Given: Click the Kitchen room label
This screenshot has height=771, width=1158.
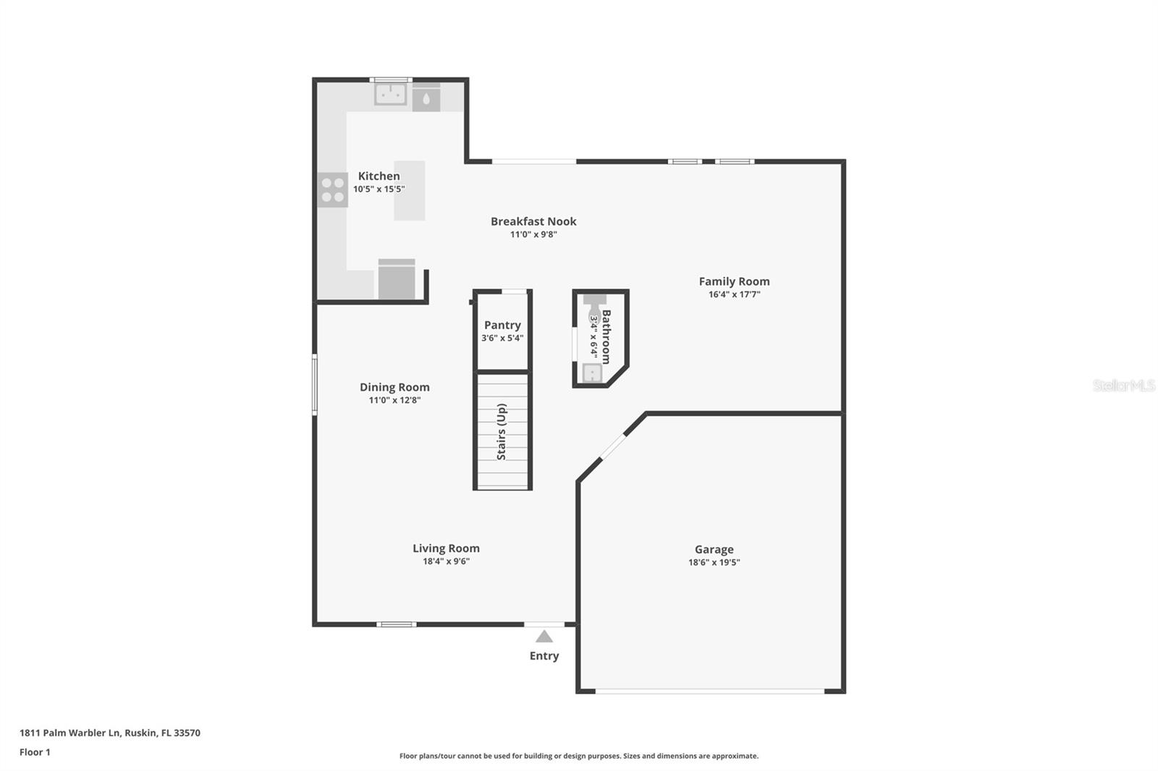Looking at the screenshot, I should [379, 176].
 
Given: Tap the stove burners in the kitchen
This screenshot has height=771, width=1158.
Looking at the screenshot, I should [332, 190].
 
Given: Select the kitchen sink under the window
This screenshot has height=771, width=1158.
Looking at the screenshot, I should [390, 94].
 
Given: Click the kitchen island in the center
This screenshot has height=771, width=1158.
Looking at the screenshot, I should [409, 190].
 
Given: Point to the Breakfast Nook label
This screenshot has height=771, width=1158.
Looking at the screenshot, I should [533, 221].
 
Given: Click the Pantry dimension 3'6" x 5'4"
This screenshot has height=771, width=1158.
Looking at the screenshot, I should [502, 338].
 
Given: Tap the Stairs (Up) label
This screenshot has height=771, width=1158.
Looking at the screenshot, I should [502, 432].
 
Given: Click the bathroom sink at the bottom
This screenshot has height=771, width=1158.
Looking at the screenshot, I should [592, 373].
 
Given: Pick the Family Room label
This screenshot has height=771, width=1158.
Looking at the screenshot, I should [734, 281].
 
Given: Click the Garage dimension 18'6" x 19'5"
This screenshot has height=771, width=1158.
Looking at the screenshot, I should [714, 562].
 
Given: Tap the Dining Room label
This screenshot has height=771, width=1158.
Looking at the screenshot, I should [394, 387].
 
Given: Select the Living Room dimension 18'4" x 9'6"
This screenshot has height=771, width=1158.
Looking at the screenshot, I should [446, 561].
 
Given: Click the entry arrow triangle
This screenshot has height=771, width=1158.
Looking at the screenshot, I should [544, 636].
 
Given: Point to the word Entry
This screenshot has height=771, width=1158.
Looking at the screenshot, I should [544, 656].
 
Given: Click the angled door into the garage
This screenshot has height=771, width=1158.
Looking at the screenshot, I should [613, 446].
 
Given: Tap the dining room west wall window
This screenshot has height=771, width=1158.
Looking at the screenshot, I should [314, 384].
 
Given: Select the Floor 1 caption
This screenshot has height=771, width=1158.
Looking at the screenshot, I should [35, 752].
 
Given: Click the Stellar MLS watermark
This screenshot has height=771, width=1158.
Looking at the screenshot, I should [1123, 385].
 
